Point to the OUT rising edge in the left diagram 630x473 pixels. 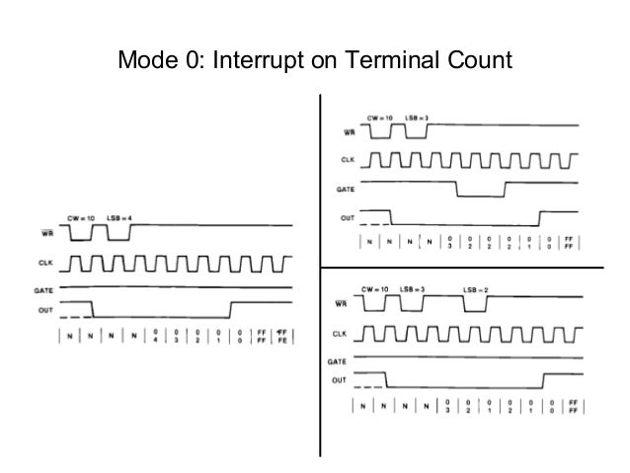[x=229, y=308]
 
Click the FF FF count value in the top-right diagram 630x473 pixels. [x=570, y=242]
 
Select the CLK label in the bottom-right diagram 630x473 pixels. [x=339, y=333]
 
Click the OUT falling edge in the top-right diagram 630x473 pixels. [x=392, y=218]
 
